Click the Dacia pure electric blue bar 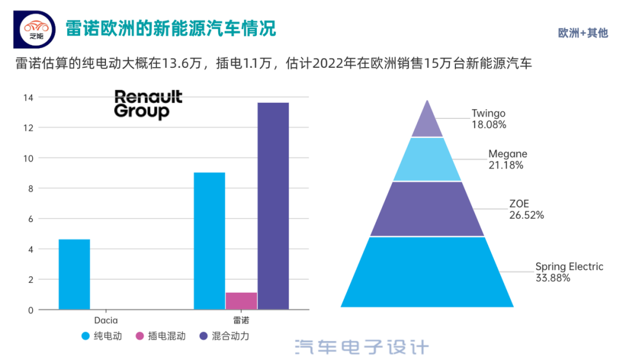tap(74, 274)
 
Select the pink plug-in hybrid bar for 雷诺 tap(241, 301)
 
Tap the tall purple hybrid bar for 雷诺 tap(273, 206)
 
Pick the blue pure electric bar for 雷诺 tap(209, 241)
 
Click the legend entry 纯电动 tap(102, 336)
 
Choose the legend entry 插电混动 tap(160, 336)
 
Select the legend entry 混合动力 tap(224, 336)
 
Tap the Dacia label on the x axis tap(106, 320)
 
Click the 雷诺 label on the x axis tap(241, 320)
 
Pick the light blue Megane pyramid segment tap(427, 159)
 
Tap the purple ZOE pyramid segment tap(427, 209)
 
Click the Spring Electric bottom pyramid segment tap(427, 272)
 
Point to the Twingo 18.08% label tap(489, 119)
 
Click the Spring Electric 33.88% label tap(569, 272)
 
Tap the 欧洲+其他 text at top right tap(583, 33)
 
